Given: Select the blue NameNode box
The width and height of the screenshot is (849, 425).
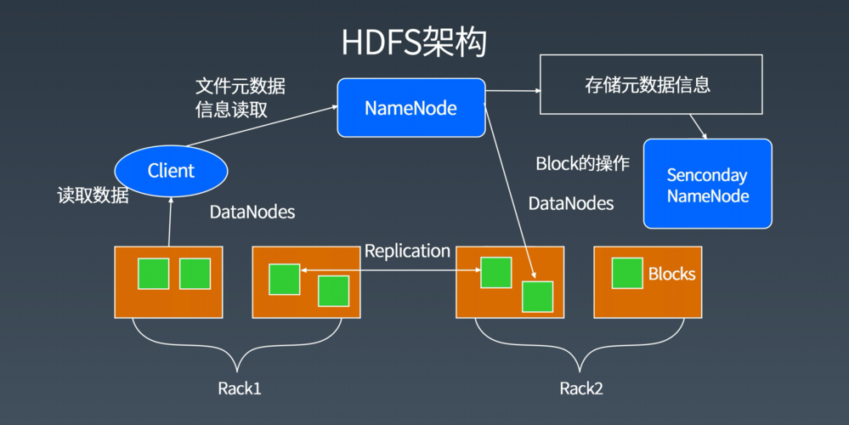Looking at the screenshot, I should (x=410, y=108).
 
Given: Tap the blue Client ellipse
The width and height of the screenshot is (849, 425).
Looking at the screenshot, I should (x=171, y=171).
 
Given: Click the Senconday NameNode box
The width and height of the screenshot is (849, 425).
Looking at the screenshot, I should (x=707, y=184).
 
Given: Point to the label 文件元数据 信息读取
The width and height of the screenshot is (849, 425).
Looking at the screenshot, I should (x=240, y=98).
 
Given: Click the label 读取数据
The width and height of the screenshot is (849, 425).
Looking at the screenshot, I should (x=93, y=195).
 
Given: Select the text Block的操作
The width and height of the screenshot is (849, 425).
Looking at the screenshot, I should (x=582, y=164).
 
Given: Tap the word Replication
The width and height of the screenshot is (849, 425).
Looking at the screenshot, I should (x=407, y=251).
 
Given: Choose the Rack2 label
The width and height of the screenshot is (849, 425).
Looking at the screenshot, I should (x=581, y=389).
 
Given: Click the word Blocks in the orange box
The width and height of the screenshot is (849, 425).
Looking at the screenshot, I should (x=671, y=274).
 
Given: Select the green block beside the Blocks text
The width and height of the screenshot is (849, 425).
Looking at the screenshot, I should (x=627, y=273).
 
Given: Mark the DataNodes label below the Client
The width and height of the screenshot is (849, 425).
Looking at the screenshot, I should (x=252, y=212).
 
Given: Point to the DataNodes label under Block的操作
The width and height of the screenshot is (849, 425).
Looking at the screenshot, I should (x=571, y=204).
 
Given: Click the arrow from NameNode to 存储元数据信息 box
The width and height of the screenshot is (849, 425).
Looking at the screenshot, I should (x=512, y=89).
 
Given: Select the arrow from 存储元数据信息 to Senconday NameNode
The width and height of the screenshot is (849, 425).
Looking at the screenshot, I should (x=698, y=127).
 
